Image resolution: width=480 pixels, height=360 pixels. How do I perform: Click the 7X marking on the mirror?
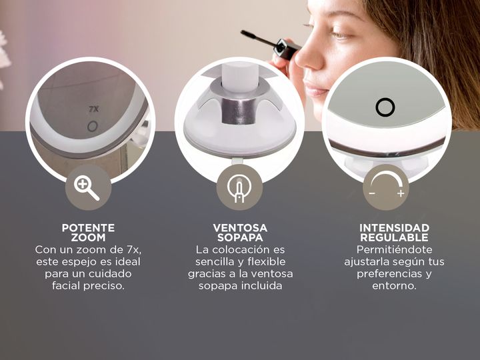click(94, 109)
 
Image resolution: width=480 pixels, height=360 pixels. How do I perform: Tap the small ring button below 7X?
click(92, 127)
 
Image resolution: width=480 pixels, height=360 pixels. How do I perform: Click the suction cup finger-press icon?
click(239, 188)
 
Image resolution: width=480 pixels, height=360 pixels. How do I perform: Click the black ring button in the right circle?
click(385, 107)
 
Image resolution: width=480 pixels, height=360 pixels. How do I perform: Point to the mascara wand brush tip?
click(249, 35)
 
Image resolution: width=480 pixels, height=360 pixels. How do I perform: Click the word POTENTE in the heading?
click(88, 228)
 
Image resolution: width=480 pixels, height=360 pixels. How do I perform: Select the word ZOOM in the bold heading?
click(88, 237)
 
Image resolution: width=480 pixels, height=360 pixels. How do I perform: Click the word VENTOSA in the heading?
click(240, 228)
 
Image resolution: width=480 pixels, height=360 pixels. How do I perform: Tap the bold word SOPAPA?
click(240, 237)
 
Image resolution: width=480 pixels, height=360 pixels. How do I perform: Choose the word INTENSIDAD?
click(394, 228)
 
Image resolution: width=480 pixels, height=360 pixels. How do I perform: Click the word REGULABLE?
click(394, 237)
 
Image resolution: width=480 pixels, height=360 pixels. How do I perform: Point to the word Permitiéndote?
click(394, 250)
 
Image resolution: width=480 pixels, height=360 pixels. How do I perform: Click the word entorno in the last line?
click(394, 286)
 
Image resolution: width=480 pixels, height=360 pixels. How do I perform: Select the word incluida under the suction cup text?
click(262, 286)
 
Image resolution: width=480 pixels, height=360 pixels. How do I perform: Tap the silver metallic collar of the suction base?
click(239, 111)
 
